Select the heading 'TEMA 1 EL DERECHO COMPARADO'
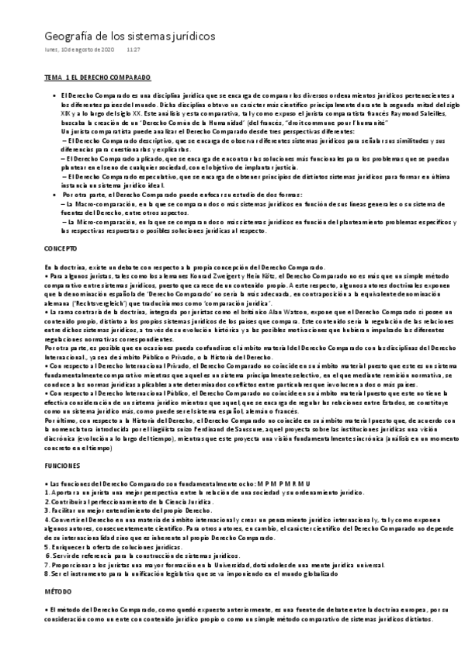click(x=97, y=79)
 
